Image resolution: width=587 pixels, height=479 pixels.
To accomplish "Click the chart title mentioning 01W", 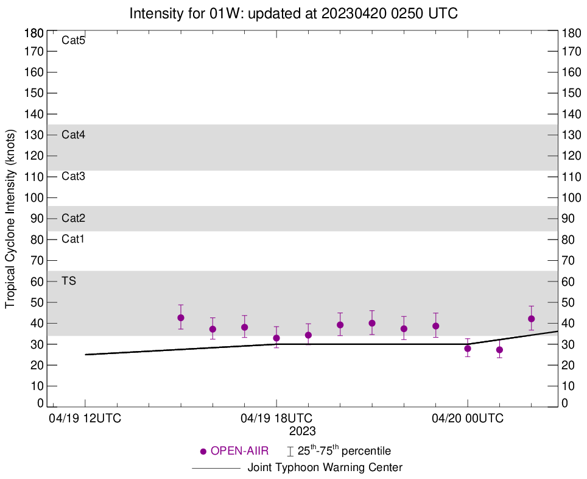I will tap(293, 13).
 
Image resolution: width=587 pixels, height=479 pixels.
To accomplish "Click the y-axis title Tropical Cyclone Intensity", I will tap(10, 218).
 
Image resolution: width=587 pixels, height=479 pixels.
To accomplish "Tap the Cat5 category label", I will tap(73, 41).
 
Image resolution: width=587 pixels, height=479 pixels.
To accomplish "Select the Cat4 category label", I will tap(73, 135).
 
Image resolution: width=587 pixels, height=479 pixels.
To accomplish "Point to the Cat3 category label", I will tap(73, 176).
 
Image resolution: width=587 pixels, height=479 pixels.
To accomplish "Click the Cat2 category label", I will tap(73, 218).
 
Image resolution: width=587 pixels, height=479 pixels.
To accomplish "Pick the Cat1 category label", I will tap(73, 239).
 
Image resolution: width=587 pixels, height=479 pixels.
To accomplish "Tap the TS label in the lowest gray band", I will tap(69, 280).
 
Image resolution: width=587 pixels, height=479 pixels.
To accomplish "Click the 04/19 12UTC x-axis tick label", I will tap(85, 419).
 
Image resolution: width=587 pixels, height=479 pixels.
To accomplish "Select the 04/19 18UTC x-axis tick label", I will tap(276, 419).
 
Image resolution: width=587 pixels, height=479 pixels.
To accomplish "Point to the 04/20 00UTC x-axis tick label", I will tap(468, 419).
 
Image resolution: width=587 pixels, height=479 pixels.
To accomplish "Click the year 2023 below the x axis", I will tap(303, 431).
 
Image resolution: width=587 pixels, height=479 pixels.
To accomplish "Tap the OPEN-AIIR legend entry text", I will tap(239, 452).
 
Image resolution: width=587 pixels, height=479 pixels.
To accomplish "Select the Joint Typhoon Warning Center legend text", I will tap(325, 468).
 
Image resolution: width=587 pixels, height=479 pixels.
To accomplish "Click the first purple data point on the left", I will tap(181, 318).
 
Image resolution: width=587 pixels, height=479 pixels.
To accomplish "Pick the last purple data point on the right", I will tap(531, 319).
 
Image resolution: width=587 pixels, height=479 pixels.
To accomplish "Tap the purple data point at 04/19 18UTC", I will tap(276, 338).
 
